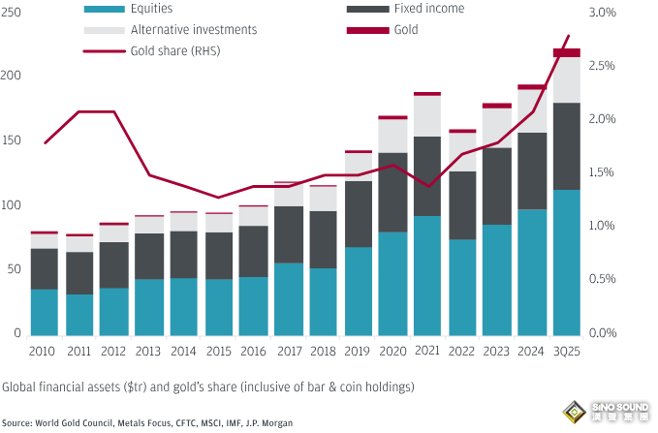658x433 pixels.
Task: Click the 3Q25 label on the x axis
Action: (566, 351)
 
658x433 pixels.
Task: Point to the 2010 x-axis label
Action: (43, 351)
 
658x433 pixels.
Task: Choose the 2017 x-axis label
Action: (288, 351)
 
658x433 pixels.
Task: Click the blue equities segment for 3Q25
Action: (566, 262)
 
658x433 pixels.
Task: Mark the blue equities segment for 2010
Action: (44, 311)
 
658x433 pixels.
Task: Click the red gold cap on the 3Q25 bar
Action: (566, 52)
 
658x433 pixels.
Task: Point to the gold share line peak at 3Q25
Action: (569, 36)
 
